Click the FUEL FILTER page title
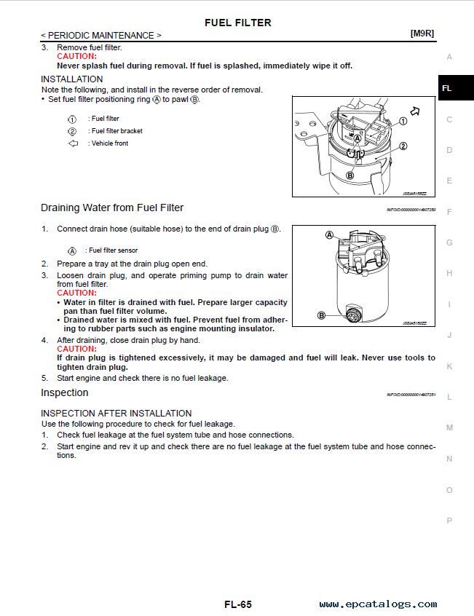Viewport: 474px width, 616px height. coord(237,23)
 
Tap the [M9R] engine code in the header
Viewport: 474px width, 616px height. coord(422,34)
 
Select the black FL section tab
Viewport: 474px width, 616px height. coord(447,88)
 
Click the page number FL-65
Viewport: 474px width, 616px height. coord(237,604)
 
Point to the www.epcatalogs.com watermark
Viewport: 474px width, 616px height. coord(378,604)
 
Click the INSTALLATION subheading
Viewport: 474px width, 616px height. coord(72,79)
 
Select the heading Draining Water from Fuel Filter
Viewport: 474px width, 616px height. coord(112,208)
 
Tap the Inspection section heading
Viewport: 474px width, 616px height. coord(65,392)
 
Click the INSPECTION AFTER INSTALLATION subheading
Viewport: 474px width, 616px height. coord(116,413)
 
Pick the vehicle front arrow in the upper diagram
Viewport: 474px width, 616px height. coord(416,111)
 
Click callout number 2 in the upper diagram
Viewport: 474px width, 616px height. coord(403,146)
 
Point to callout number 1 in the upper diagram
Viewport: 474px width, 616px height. coord(403,122)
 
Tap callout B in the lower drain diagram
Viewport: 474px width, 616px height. coord(322,315)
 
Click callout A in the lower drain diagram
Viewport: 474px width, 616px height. coord(329,235)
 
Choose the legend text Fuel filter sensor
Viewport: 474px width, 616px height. coord(113,250)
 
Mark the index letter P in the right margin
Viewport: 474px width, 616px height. coord(449,521)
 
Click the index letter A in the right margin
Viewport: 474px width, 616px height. coord(449,57)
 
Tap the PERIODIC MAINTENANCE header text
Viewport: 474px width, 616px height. coord(101,35)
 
